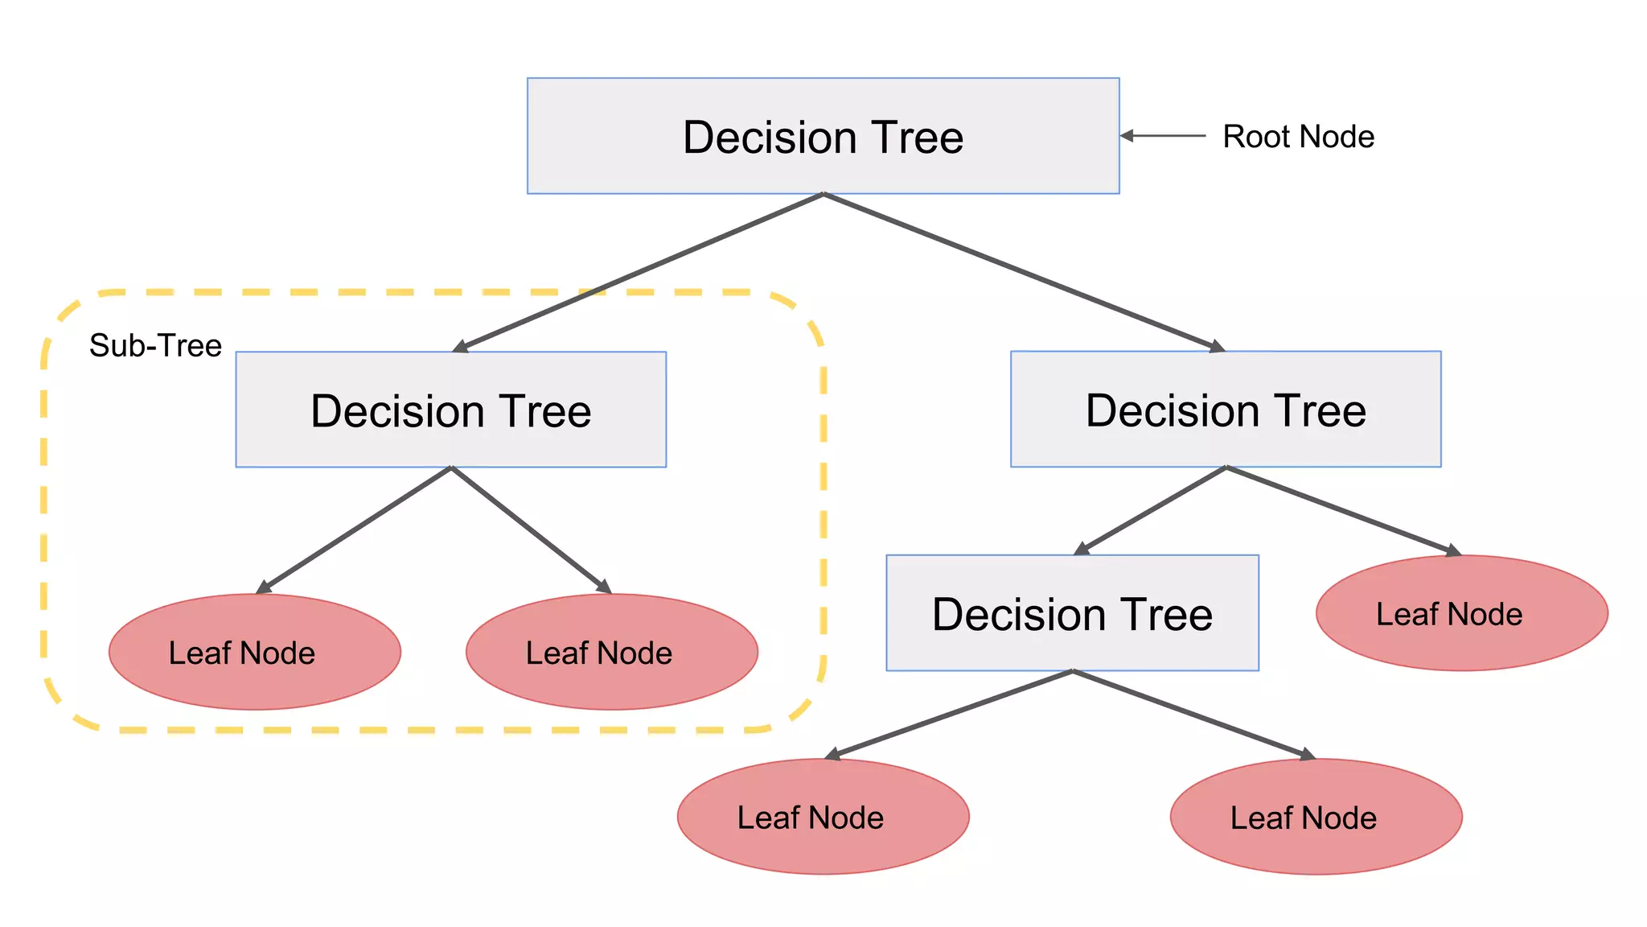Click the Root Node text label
point(1298,137)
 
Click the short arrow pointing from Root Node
point(1163,136)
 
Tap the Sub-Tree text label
point(155,345)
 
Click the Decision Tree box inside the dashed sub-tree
point(450,410)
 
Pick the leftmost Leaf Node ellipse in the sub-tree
point(254,652)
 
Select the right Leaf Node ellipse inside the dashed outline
point(611,652)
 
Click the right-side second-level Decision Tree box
point(1226,410)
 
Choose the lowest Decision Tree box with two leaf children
point(1072,613)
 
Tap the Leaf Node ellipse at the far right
point(1461,613)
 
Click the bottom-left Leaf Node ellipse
point(823,817)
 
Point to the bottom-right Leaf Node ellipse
point(1316,817)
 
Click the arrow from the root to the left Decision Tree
point(639,272)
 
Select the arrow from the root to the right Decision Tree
point(1023,272)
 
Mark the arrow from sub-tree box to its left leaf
point(355,529)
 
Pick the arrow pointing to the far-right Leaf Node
point(1343,510)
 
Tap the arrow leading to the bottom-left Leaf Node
point(949,714)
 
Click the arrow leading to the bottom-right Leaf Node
point(1193,714)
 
